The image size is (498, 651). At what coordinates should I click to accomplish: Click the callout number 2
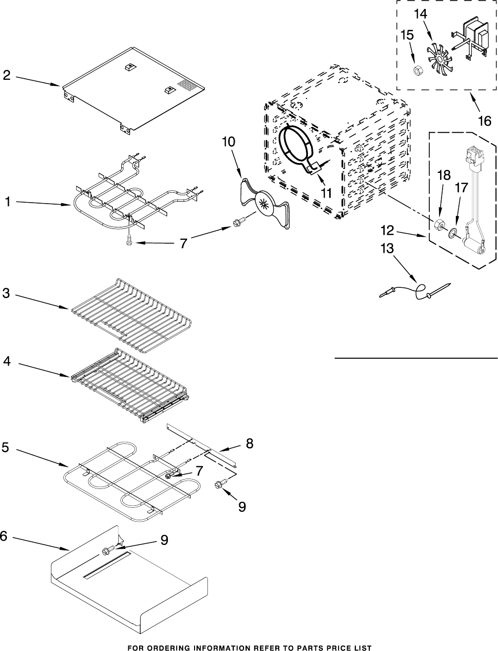click(6, 75)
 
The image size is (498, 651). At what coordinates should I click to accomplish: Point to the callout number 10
click(228, 141)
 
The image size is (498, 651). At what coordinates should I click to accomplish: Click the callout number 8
click(249, 443)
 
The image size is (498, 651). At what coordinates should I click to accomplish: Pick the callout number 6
click(4, 536)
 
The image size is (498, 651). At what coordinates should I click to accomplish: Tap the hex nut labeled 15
click(418, 70)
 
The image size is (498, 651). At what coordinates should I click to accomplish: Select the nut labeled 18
click(437, 225)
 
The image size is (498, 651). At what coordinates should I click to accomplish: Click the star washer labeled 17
click(452, 233)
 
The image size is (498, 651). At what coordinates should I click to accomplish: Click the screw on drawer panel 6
click(107, 550)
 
